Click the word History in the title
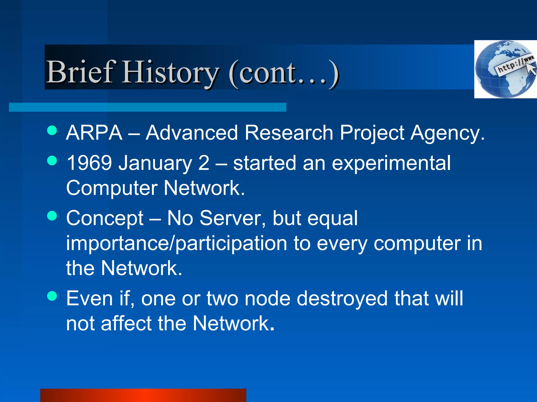click(x=170, y=72)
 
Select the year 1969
click(x=89, y=163)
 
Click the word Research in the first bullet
click(x=289, y=133)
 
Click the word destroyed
click(x=342, y=298)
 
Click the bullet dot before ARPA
click(x=52, y=130)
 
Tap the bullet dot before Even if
click(x=52, y=296)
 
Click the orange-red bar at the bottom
click(x=143, y=395)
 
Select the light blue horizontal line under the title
click(x=147, y=107)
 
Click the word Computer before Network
click(x=112, y=188)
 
